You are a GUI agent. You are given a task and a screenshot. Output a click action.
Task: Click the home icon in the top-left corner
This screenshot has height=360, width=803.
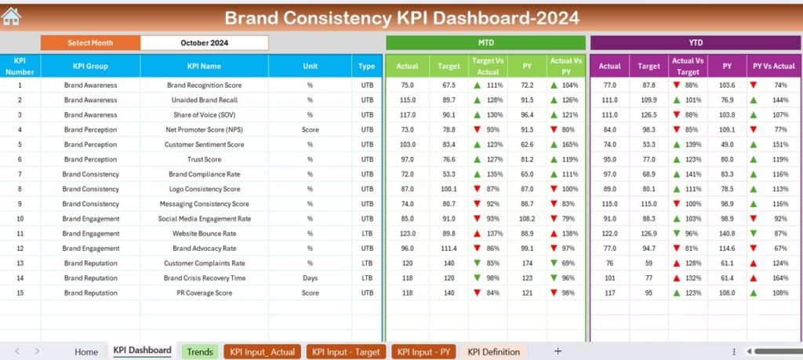click(x=11, y=16)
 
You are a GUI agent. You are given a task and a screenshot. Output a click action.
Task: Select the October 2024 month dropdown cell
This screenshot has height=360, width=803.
click(x=204, y=43)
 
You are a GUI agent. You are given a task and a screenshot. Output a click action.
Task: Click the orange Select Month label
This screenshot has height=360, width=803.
click(x=90, y=43)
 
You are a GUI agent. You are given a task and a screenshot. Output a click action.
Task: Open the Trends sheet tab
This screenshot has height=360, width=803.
click(x=200, y=351)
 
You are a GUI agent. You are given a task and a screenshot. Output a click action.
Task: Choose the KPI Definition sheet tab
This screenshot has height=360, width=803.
click(x=493, y=351)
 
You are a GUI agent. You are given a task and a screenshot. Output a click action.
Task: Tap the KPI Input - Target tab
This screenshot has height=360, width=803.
click(x=346, y=351)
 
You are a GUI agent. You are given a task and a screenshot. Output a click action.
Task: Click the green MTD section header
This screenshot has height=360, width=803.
click(x=485, y=42)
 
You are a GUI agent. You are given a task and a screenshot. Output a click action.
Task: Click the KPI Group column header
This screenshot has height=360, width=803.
click(x=90, y=67)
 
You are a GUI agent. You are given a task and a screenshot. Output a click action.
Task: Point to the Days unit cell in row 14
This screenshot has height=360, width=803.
click(x=310, y=278)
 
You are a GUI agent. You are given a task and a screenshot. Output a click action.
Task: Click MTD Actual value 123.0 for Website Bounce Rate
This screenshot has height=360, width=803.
click(x=407, y=233)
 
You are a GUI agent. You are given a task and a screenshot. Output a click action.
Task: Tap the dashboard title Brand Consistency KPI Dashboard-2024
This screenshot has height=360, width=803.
click(x=401, y=17)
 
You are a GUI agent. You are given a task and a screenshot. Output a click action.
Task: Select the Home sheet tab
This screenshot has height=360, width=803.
click(x=86, y=351)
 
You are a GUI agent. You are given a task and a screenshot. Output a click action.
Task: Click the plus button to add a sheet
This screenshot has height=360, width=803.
click(x=558, y=351)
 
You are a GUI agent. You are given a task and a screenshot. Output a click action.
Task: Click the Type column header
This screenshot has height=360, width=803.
click(x=367, y=67)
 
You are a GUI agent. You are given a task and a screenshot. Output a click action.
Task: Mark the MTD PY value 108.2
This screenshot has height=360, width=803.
click(x=527, y=218)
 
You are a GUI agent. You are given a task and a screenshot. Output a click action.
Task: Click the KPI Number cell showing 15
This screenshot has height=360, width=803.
click(x=20, y=293)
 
